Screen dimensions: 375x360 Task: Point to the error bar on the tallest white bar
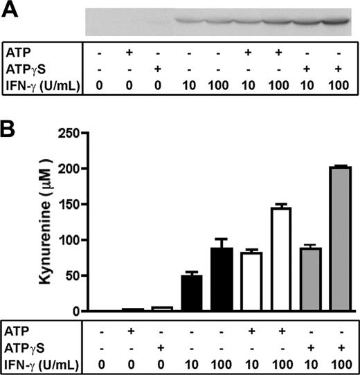click(280, 205)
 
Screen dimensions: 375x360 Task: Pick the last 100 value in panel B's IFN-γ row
click(339, 363)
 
